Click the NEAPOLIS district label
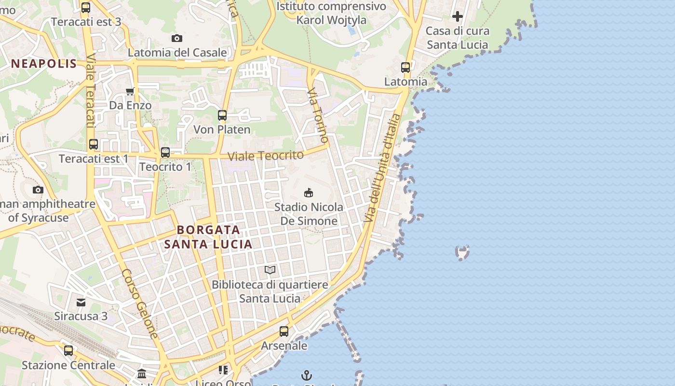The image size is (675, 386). click(44, 63)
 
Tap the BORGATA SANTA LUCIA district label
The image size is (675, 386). click(208, 237)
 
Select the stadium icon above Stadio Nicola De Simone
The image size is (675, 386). click(309, 193)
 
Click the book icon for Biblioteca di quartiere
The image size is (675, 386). click(270, 270)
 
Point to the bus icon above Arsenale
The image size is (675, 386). click(284, 331)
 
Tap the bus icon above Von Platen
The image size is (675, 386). click(222, 115)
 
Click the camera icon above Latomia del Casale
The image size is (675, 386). click(177, 38)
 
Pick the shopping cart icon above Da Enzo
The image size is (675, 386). click(130, 91)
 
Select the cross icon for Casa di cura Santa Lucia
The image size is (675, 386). click(457, 16)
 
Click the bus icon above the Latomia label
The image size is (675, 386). click(405, 68)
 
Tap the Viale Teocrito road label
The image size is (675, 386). click(266, 155)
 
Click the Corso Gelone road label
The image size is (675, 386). click(140, 303)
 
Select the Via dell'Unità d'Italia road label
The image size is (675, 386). click(382, 168)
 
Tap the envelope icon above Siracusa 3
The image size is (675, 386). click(81, 303)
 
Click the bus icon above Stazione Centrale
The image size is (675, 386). click(68, 351)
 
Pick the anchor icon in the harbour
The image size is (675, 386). click(306, 375)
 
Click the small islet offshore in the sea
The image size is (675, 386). click(462, 252)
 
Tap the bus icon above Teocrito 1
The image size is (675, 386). click(165, 152)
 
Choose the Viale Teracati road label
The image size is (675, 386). click(90, 91)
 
